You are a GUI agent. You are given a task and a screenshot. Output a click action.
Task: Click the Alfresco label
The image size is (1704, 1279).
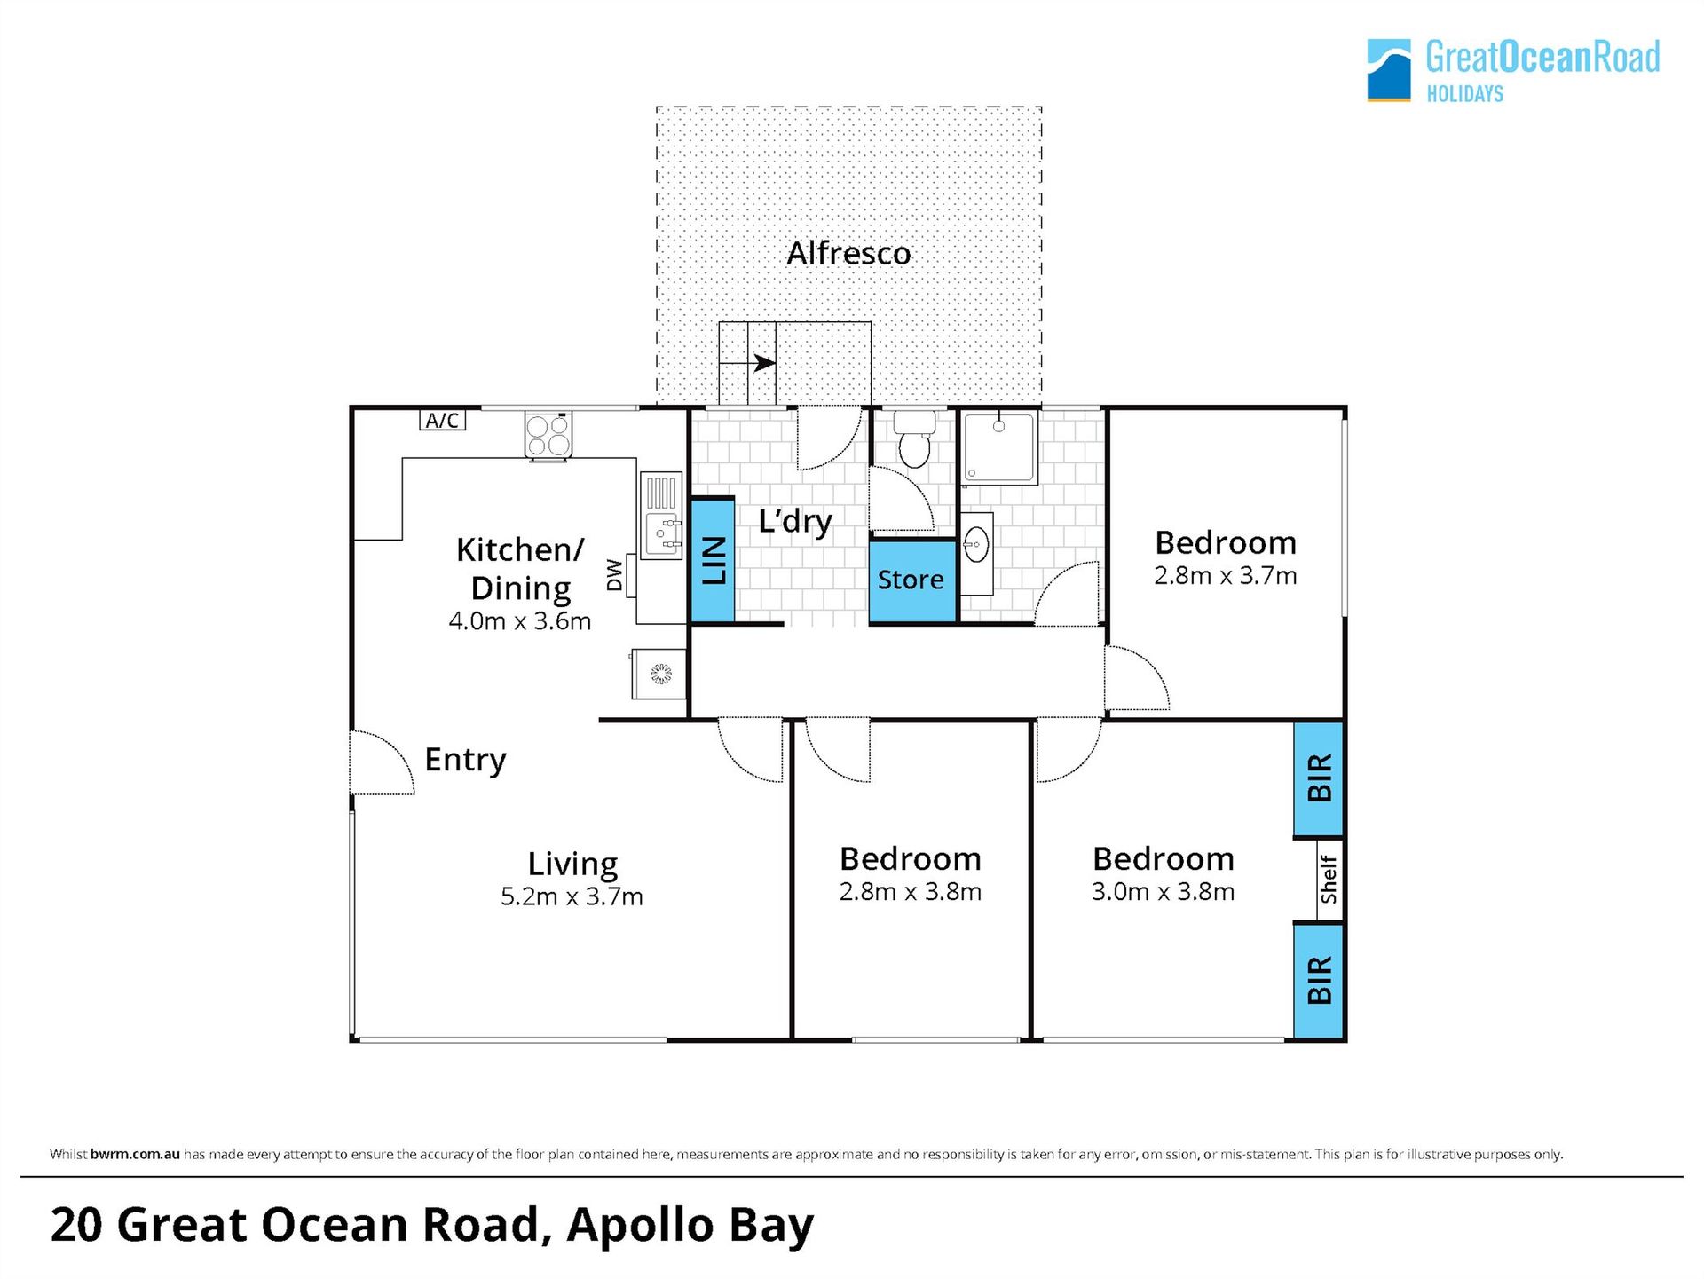848,254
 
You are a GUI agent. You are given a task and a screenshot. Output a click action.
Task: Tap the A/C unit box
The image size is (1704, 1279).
442,420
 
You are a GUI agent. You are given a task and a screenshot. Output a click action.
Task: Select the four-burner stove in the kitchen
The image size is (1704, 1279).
548,435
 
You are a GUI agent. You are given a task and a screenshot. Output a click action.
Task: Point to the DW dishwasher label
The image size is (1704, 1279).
614,574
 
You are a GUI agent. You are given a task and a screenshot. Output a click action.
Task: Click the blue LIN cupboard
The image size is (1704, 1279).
713,560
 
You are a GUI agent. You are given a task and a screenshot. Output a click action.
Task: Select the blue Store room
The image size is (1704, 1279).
911,580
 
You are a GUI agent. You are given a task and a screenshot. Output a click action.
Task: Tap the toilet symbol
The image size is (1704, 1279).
914,438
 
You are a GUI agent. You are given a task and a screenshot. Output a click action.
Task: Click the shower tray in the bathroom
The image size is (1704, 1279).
1000,447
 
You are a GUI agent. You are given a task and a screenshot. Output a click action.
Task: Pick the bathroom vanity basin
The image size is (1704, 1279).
976,545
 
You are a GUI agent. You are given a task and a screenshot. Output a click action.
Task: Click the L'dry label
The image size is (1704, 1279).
795,521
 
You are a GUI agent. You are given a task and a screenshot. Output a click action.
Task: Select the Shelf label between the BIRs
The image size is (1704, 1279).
1329,880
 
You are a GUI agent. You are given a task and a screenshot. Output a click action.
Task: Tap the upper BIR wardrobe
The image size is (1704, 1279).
1319,778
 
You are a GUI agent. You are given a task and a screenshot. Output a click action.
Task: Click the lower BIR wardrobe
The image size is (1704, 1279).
1319,981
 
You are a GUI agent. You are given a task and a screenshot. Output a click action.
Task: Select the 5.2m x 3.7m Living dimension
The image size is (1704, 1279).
572,897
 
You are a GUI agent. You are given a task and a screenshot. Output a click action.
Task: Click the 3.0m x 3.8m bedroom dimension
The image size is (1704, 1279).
1163,892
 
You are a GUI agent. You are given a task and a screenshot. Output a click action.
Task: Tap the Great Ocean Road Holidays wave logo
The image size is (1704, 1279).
1389,70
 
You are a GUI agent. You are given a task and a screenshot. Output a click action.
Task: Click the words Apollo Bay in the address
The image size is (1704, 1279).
690,1226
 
